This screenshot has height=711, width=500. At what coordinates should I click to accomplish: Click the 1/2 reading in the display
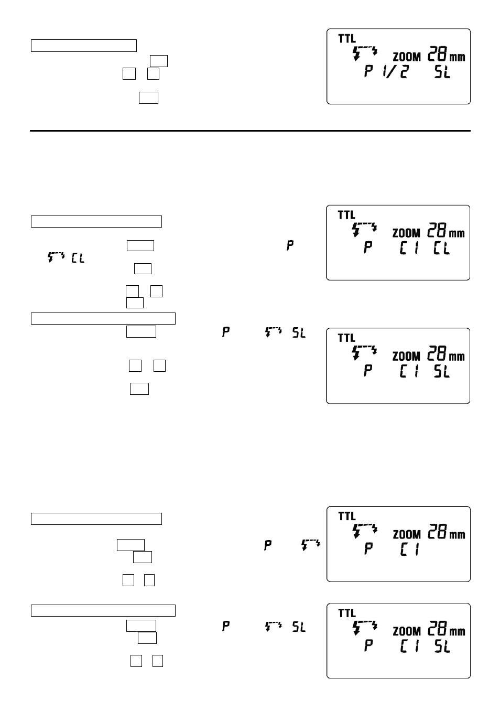[395, 72]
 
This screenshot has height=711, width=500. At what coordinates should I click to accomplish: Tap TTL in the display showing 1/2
[347, 39]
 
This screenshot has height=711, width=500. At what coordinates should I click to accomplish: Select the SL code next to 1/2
[442, 72]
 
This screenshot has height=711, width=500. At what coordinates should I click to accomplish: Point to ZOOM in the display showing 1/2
[407, 57]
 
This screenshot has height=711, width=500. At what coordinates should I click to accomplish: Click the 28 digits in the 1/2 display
[437, 53]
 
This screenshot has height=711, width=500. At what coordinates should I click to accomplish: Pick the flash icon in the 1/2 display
[365, 53]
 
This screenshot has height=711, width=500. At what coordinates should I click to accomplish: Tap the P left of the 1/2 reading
[368, 71]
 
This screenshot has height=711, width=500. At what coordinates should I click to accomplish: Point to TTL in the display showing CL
[346, 215]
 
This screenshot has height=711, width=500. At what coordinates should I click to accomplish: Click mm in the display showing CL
[456, 234]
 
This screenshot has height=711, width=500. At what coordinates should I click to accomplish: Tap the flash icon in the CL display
[365, 230]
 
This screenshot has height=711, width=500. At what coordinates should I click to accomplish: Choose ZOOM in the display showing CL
[406, 233]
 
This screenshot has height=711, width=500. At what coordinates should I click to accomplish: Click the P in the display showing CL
[368, 247]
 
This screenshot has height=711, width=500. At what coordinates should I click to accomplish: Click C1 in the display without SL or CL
[409, 550]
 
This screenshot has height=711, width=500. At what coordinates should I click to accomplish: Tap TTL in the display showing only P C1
[347, 516]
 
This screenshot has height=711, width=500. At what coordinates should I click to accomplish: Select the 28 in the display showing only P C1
[437, 531]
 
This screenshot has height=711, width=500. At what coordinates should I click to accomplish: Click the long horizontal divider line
[250, 131]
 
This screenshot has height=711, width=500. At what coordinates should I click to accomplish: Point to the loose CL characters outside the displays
[78, 258]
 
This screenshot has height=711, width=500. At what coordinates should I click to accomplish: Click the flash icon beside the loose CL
[56, 257]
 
